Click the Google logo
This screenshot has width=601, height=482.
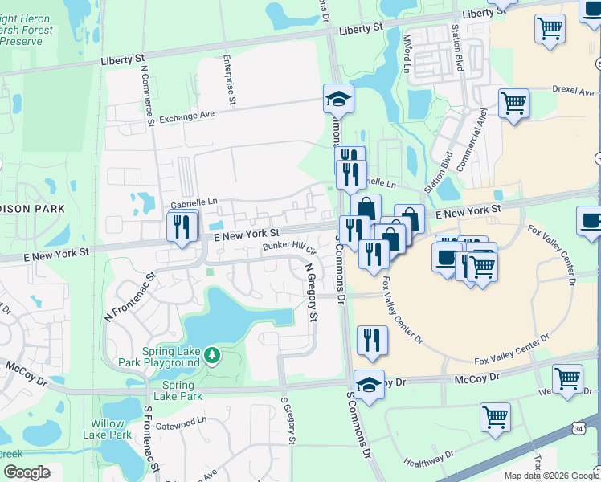click(26, 473)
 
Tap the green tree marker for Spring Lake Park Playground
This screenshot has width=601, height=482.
click(211, 355)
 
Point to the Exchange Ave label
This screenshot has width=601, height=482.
click(186, 116)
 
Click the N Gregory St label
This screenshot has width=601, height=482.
click(311, 294)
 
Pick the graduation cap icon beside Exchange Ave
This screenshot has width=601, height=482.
click(338, 99)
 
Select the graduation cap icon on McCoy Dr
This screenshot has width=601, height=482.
click(369, 385)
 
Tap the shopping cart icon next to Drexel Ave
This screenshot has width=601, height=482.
click(513, 103)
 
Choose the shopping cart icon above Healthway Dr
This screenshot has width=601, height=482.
click(495, 417)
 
